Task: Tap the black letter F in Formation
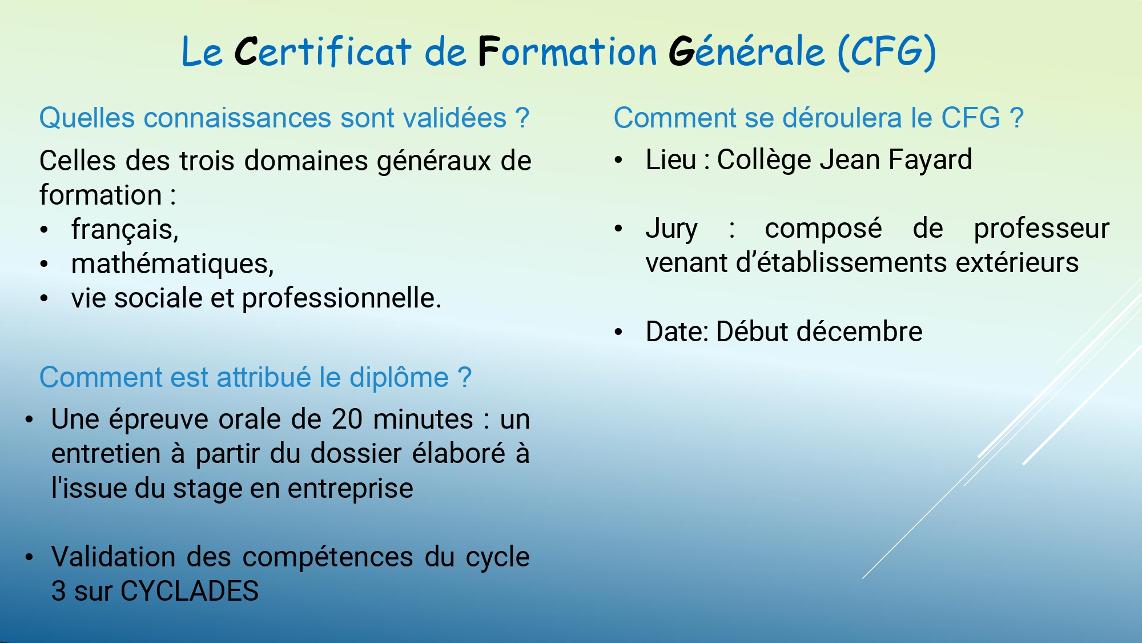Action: point(489,51)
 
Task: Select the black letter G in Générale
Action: point(681,51)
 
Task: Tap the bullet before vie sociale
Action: point(45,298)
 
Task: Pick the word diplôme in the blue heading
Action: point(399,377)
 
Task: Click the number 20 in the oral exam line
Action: point(347,420)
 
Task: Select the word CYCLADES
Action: point(190,591)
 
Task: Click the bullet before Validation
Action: point(29,557)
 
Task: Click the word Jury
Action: point(671,229)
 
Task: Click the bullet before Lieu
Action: point(618,161)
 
